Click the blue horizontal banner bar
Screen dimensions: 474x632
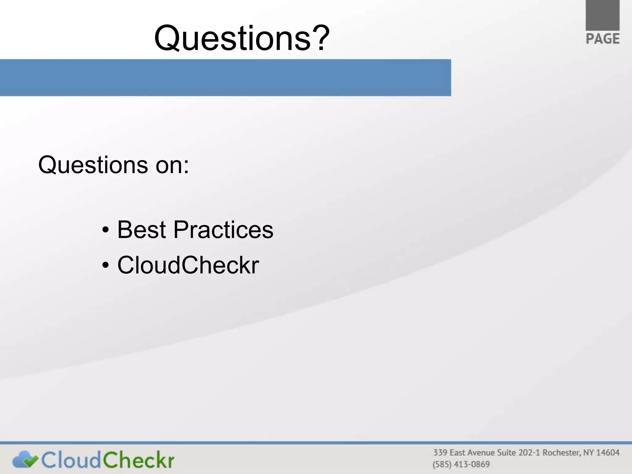(x=225, y=77)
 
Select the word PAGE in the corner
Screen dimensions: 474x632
(x=603, y=39)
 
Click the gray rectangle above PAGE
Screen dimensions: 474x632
(x=602, y=15)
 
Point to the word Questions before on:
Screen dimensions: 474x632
(x=93, y=165)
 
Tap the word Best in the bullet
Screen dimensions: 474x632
(x=142, y=230)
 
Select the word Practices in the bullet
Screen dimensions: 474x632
(x=223, y=230)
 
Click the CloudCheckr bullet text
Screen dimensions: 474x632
(x=188, y=265)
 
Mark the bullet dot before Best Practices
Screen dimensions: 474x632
(x=106, y=230)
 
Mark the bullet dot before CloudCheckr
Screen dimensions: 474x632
(x=106, y=265)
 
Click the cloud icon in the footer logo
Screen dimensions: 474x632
(x=25, y=460)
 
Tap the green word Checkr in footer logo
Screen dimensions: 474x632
(x=138, y=460)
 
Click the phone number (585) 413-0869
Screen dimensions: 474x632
(x=461, y=464)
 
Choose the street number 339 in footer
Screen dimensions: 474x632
(x=440, y=453)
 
